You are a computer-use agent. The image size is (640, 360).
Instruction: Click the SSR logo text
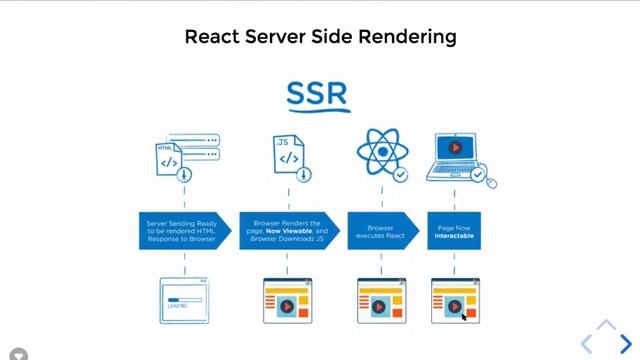click(x=317, y=94)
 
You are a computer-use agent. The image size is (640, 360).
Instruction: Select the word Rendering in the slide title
click(x=410, y=37)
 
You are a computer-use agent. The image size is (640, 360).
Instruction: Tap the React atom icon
click(x=379, y=153)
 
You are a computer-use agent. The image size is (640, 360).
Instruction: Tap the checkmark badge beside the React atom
click(x=400, y=175)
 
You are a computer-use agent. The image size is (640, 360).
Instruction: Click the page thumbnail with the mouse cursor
click(x=455, y=300)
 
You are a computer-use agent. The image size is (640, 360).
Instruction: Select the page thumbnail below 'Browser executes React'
click(x=381, y=300)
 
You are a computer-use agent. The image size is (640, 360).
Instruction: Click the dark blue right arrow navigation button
click(x=625, y=343)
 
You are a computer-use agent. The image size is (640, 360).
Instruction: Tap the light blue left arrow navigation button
click(x=588, y=343)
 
